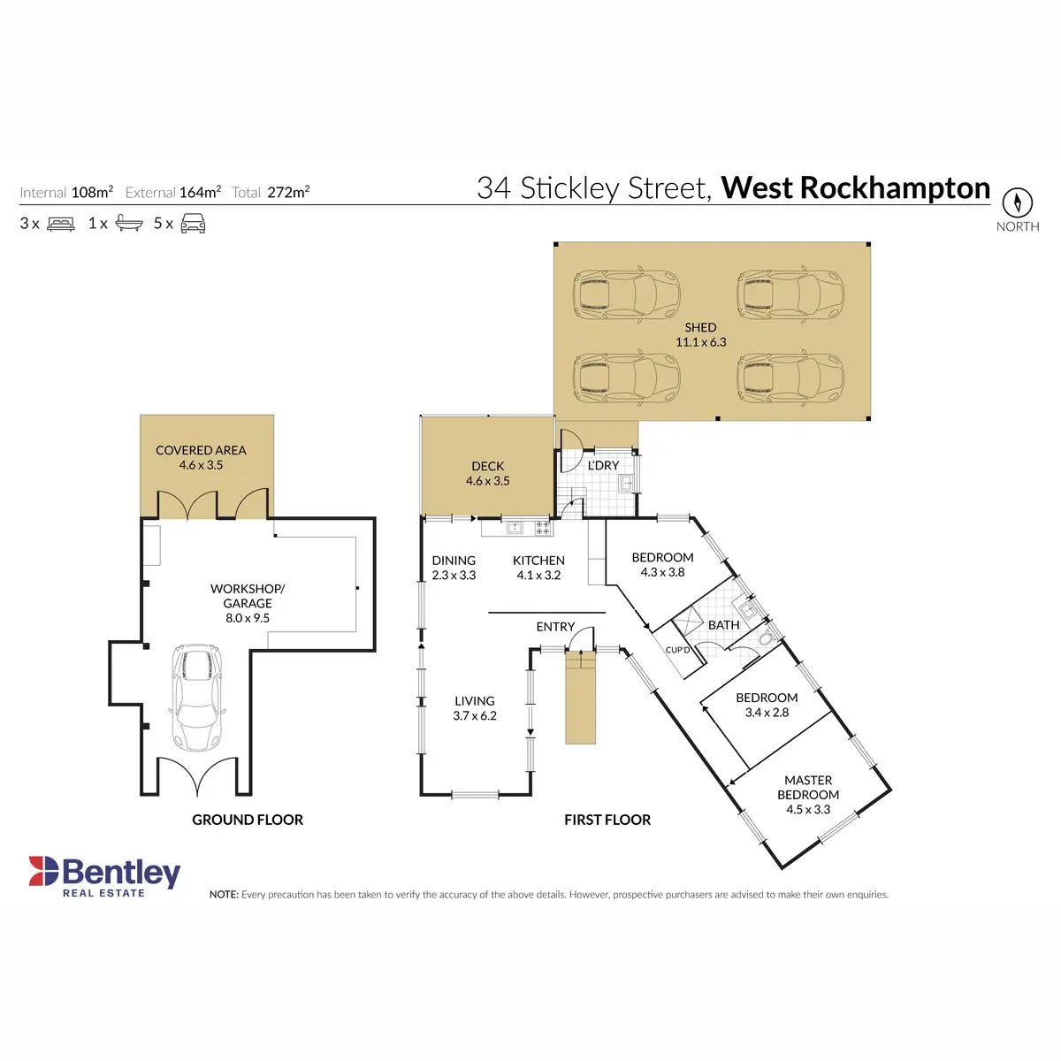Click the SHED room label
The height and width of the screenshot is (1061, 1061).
tap(700, 334)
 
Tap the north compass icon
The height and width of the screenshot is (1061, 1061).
tap(1018, 202)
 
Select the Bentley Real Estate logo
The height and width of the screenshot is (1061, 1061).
tap(104, 876)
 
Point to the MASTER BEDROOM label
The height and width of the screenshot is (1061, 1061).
tap(808, 794)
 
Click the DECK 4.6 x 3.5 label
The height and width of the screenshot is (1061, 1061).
tap(488, 473)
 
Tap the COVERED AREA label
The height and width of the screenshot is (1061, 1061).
tap(201, 457)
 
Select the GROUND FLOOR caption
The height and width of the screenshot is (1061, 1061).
tap(248, 820)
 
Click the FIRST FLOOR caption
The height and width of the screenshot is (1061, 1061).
tap(607, 820)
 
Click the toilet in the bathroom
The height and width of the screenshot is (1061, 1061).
tap(766, 638)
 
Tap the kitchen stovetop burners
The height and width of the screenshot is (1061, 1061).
tap(543, 528)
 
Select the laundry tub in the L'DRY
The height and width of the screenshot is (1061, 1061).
tap(626, 483)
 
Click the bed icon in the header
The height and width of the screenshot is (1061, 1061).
tap(61, 224)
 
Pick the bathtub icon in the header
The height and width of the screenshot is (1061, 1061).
tap(129, 224)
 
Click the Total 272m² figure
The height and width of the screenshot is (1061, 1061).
tap(271, 192)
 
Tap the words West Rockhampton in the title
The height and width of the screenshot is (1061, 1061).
tap(855, 187)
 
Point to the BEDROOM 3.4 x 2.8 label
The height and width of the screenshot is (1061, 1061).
tap(767, 705)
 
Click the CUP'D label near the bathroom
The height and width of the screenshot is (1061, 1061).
tap(677, 650)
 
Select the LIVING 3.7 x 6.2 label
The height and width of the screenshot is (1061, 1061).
tap(475, 708)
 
